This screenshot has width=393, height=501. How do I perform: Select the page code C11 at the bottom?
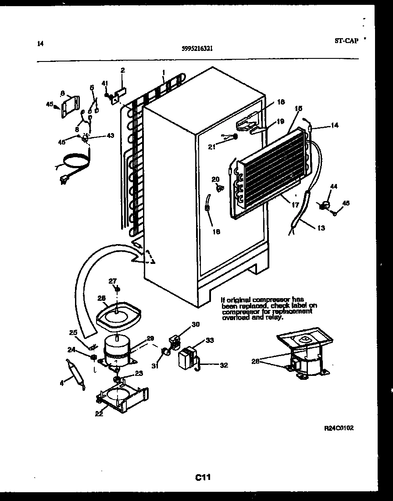(x=204, y=477)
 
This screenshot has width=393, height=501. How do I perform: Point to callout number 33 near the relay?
(x=210, y=340)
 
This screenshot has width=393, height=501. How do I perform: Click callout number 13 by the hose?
(x=322, y=228)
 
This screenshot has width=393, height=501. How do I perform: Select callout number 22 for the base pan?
(x=99, y=413)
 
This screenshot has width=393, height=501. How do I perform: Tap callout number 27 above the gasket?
(x=113, y=281)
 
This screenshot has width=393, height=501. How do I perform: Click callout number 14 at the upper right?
(x=334, y=125)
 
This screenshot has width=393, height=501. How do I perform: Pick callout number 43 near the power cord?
(x=109, y=136)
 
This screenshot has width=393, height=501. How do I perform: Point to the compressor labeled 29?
(x=117, y=350)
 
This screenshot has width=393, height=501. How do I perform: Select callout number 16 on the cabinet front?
(x=216, y=231)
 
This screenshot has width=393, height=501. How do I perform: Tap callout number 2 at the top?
(x=123, y=70)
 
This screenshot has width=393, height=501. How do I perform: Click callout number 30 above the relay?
(x=195, y=325)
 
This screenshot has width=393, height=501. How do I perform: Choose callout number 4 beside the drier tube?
(x=62, y=383)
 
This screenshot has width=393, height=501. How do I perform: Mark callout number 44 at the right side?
(x=334, y=187)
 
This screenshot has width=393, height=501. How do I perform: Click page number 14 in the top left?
(x=40, y=43)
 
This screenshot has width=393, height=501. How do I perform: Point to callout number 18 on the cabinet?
(x=281, y=102)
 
